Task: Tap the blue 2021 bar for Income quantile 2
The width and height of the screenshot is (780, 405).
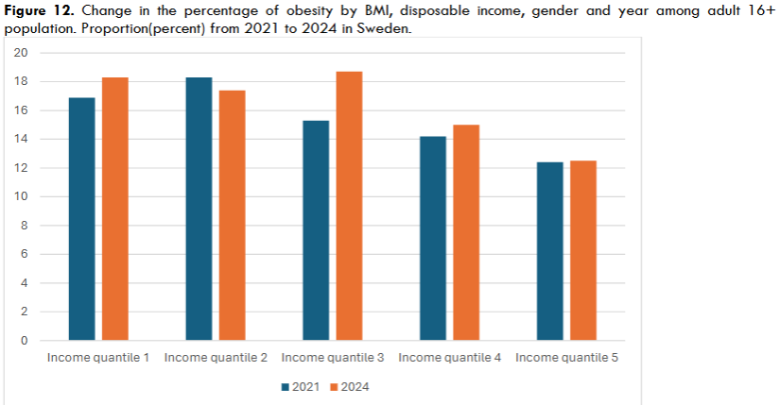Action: tap(199, 209)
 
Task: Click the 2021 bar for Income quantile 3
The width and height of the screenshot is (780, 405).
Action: tap(316, 230)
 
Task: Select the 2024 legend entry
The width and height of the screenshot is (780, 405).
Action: tap(349, 387)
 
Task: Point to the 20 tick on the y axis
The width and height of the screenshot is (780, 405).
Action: tap(20, 53)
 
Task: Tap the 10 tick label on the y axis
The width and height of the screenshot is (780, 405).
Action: tap(20, 196)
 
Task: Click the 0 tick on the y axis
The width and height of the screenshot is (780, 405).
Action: tap(24, 341)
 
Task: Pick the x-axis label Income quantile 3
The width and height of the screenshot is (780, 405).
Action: tap(333, 359)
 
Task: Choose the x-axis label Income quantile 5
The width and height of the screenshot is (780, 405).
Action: tap(566, 359)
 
